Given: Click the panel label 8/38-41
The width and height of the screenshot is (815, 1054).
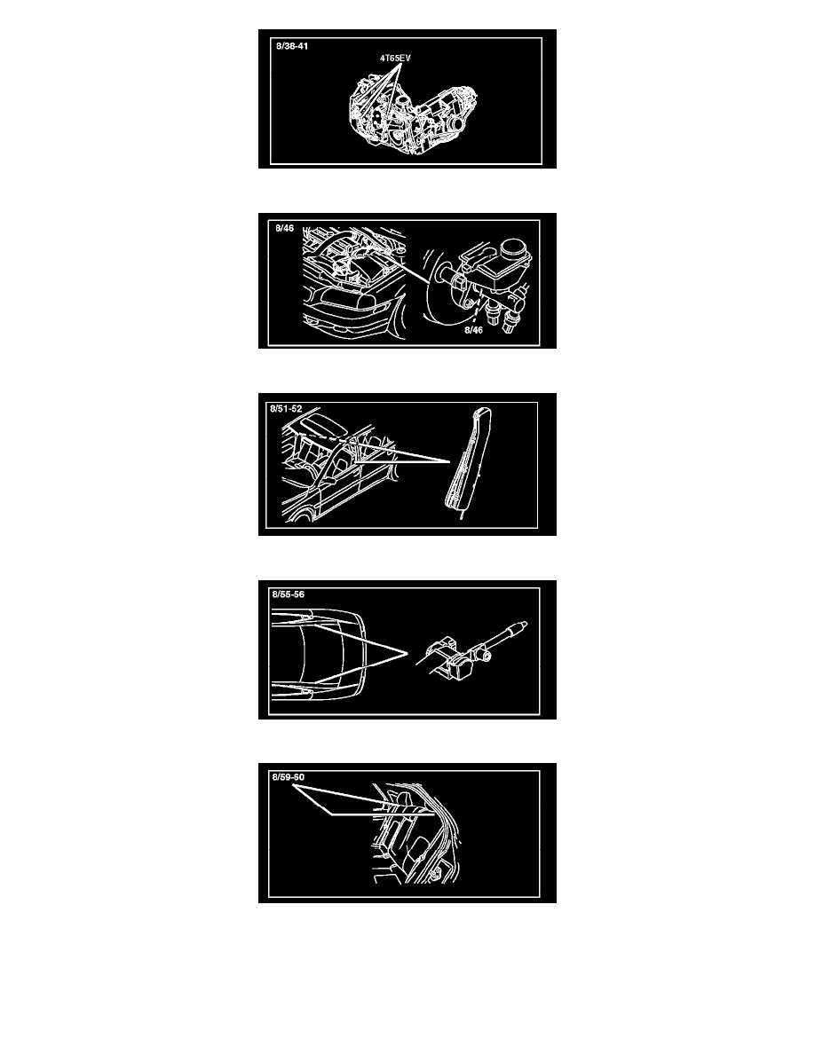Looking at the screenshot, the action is click(x=292, y=46).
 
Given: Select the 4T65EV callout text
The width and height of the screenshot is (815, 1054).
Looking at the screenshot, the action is click(x=395, y=59).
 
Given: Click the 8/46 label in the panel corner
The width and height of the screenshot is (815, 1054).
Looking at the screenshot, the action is click(x=284, y=229).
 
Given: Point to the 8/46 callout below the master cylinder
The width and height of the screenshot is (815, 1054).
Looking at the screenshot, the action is click(x=473, y=330).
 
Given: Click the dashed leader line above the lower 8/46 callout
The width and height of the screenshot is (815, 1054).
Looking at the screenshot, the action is click(x=476, y=314).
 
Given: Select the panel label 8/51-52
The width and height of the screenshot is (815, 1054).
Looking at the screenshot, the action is click(x=286, y=409).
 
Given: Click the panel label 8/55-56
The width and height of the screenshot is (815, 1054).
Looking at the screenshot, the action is click(x=288, y=594).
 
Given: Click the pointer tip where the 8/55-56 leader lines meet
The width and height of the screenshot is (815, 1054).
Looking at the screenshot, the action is click(x=407, y=653).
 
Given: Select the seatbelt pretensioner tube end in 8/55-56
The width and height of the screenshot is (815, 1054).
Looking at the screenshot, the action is click(x=519, y=627).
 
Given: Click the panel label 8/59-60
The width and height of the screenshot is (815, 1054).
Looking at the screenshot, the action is click(x=288, y=777).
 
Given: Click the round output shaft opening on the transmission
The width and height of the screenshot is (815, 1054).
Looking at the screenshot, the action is click(x=456, y=123).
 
